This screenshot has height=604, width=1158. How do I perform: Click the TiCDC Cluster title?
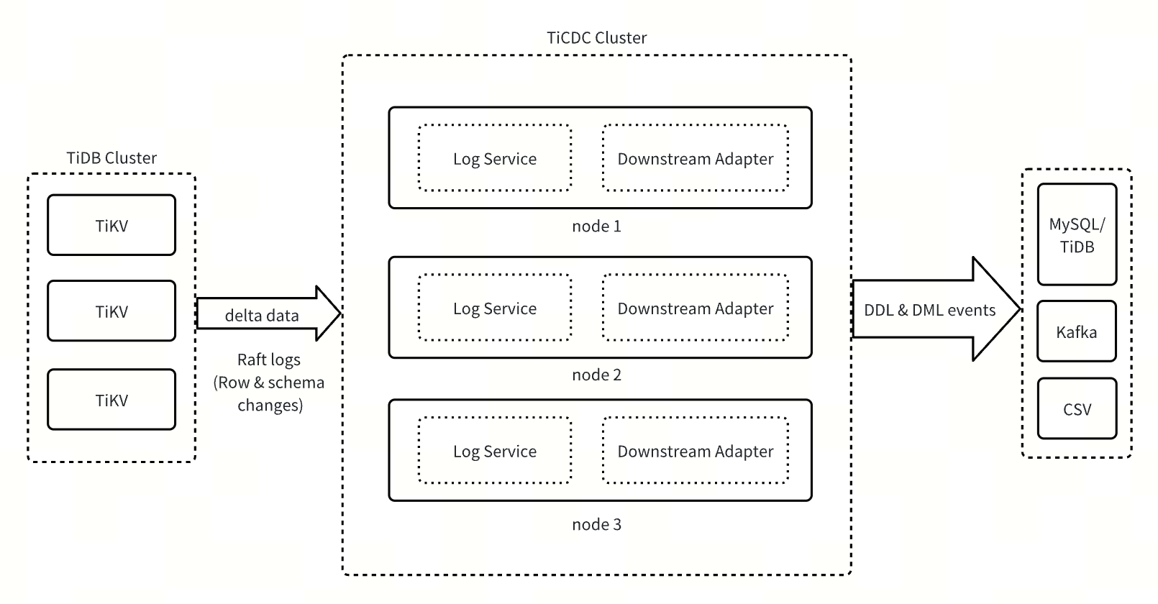[596, 38]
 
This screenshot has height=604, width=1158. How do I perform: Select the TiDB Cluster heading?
[111, 158]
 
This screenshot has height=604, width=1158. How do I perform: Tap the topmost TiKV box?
[111, 226]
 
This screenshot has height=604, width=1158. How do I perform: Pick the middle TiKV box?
[111, 311]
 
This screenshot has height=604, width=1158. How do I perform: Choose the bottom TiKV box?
[111, 401]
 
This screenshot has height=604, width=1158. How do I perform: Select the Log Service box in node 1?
[495, 159]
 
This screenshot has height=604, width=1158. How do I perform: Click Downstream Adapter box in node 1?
[696, 159]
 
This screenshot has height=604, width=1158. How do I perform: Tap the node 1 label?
[596, 226]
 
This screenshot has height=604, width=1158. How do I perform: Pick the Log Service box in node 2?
[495, 308]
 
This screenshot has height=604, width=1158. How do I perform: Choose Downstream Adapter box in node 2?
[696, 308]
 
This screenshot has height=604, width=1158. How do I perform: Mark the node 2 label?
[596, 375]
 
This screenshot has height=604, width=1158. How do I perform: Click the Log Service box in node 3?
[495, 452]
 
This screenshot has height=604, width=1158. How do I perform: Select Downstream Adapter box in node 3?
[696, 452]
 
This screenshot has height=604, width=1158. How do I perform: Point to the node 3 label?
[596, 525]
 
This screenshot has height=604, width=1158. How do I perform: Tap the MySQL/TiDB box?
[1077, 235]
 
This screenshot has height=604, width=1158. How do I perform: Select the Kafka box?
[1077, 332]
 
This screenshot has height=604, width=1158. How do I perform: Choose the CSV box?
[1077, 409]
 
